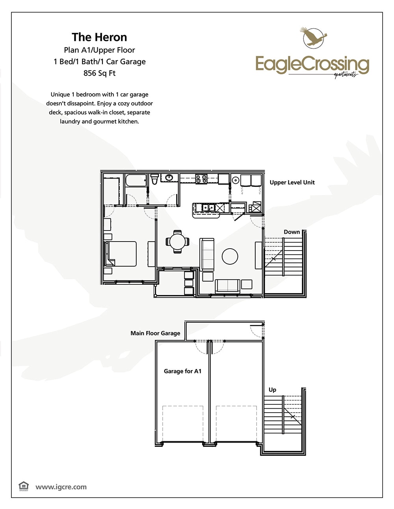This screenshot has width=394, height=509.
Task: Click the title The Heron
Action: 99,37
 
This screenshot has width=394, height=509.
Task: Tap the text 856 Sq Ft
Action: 99,73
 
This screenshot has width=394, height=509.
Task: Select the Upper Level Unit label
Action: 292,183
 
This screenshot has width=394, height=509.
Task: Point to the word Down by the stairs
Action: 292,232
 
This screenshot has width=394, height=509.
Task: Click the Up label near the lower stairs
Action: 272,390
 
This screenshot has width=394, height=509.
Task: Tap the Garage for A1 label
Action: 182,371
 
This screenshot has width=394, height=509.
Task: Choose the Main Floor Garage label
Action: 155,333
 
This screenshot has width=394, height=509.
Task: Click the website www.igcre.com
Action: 61,487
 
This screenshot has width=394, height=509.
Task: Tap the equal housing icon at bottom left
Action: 24,486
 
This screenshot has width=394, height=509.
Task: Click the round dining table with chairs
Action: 177,242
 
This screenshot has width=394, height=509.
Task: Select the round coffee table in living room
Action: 230,256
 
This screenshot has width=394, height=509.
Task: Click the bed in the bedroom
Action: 121,254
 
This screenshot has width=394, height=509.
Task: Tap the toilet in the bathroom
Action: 154,179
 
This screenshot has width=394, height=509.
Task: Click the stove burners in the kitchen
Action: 201,179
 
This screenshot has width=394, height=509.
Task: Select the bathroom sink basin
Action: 169,178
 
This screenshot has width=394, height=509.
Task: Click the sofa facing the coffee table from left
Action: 207,254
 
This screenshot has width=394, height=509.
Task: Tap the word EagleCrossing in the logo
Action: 312,64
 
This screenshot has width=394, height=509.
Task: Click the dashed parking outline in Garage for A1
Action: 183,423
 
